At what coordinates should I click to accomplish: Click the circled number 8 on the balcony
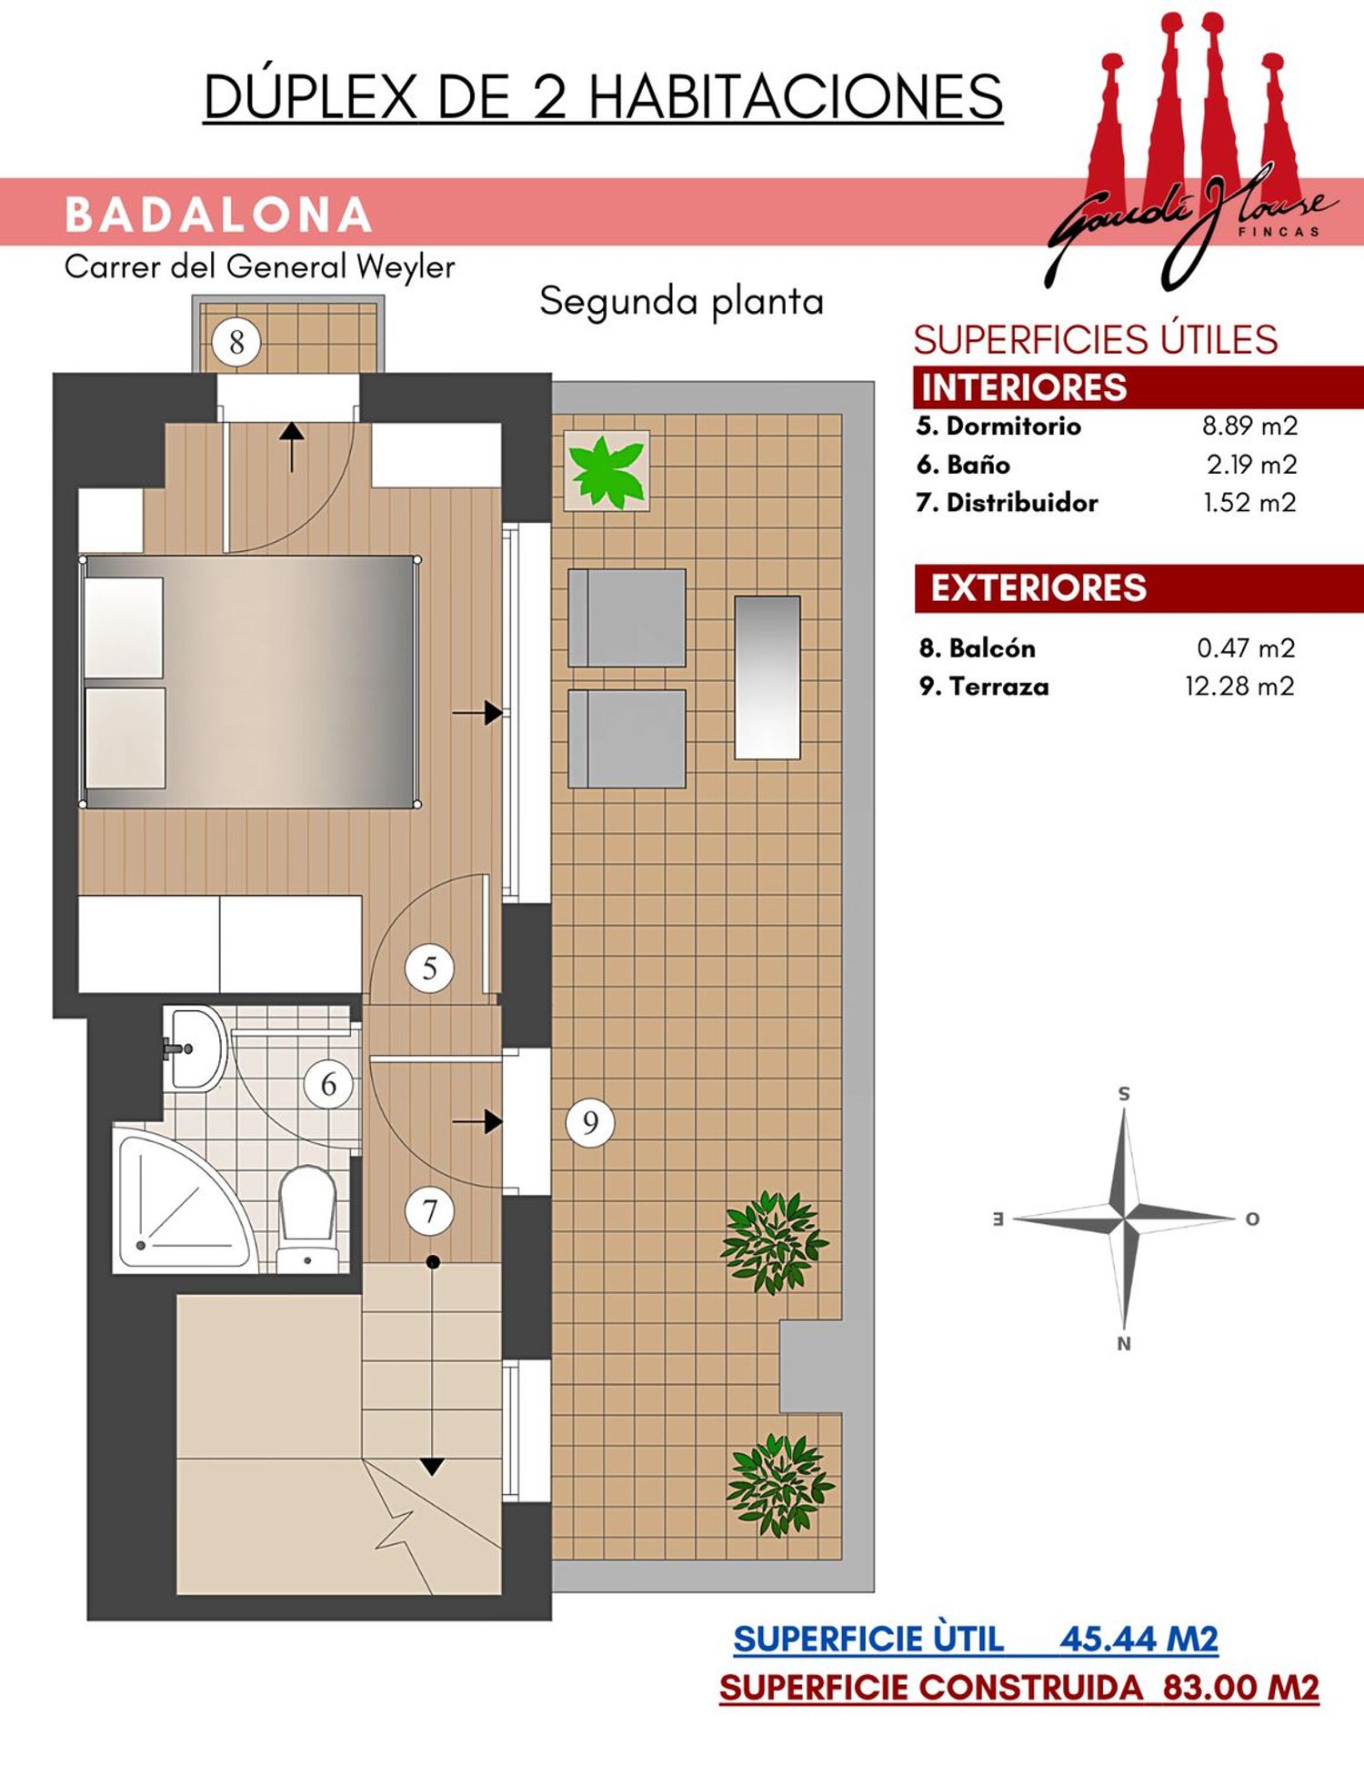click(x=236, y=343)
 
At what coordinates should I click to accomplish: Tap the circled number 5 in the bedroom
click(x=429, y=968)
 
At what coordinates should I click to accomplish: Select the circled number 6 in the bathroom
click(x=328, y=1084)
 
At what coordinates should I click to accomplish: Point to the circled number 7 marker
click(x=429, y=1211)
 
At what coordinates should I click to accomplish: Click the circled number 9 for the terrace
click(x=590, y=1123)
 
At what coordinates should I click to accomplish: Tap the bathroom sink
click(x=193, y=1048)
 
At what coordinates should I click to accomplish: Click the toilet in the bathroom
click(x=307, y=1218)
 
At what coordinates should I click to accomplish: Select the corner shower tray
click(x=182, y=1198)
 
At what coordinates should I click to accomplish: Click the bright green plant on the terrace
click(x=607, y=470)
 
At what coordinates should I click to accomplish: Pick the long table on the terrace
click(x=767, y=677)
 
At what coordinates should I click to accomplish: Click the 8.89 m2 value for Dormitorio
click(x=1249, y=426)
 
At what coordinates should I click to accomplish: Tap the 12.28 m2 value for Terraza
click(x=1239, y=686)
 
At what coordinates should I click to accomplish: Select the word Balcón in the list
click(x=992, y=648)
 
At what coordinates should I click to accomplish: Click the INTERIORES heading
click(x=1024, y=387)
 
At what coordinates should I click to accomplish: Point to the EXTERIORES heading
click(x=1038, y=588)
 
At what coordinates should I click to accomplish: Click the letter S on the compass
click(x=1124, y=1094)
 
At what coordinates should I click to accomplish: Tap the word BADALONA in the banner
click(x=218, y=215)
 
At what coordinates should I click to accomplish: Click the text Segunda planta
click(x=681, y=301)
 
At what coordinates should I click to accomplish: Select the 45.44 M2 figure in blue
click(x=1138, y=1640)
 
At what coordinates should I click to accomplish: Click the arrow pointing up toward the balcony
click(x=291, y=446)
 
